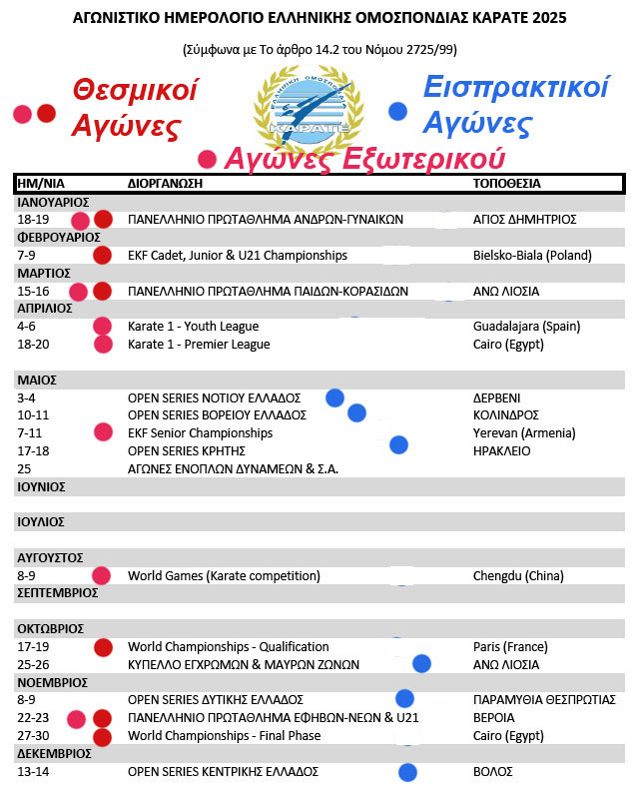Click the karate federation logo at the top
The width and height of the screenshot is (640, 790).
pos(310,105)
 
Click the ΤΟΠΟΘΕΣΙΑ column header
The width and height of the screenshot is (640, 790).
pos(507,184)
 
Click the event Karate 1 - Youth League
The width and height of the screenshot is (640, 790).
pos(193,327)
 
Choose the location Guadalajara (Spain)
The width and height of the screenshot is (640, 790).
pos(526,327)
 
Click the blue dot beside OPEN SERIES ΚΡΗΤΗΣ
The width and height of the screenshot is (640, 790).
pos(399,444)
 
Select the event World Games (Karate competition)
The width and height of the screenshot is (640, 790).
pos(224,576)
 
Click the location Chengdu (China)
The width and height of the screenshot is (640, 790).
pos(518,576)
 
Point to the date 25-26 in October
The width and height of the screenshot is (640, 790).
pos(34,665)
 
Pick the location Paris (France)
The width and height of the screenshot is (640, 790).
pos(510,647)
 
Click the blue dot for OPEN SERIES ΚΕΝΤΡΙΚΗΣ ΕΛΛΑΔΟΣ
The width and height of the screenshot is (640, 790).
pos(407,771)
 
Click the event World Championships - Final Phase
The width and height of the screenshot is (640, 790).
pos(224,736)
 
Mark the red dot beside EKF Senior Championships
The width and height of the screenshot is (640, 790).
pos(102,432)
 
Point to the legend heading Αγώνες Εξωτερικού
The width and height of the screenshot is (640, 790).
pos(364,159)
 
